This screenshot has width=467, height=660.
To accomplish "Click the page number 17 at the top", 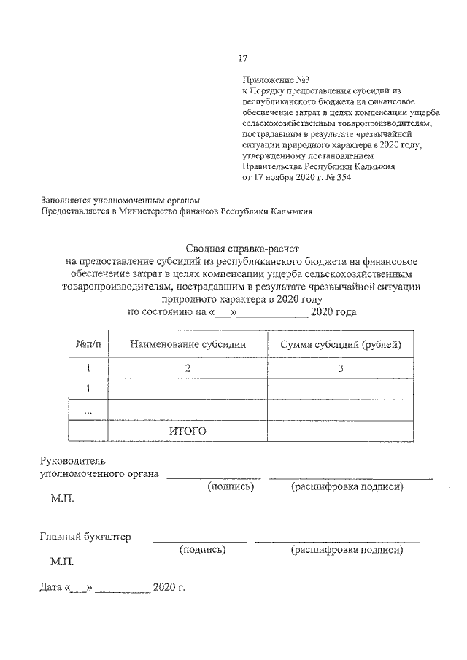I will tap(244, 58).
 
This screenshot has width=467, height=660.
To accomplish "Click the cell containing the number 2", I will tap(188, 369).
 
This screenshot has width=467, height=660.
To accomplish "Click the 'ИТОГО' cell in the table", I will tap(188, 431).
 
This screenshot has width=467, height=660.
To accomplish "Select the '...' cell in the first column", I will tap(88, 411).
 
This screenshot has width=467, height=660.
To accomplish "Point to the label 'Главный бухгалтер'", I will tap(85, 537).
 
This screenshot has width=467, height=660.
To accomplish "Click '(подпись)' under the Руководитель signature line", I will tap(231, 486).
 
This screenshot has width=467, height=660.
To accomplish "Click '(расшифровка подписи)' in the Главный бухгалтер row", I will tap(347, 551).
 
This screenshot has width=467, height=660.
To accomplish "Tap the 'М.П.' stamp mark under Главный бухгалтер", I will tap(62, 563).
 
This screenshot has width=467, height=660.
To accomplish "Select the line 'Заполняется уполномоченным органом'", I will tap(120, 200).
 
